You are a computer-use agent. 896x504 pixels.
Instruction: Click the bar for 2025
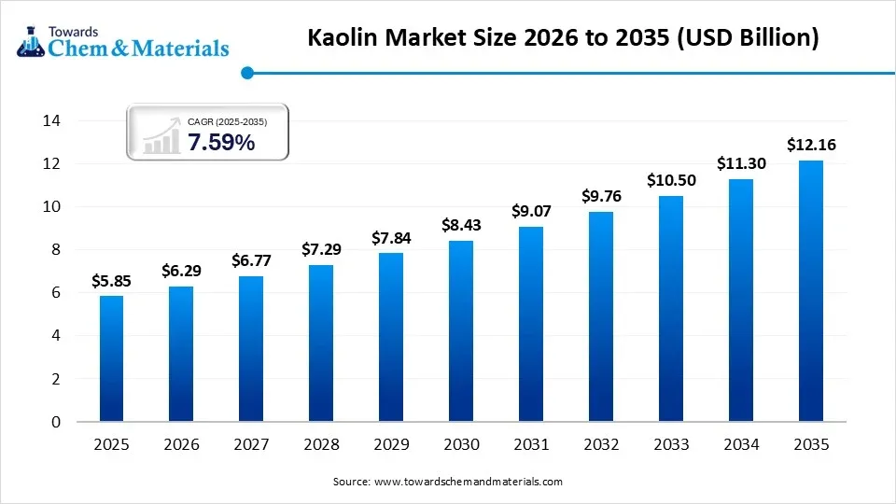[111, 358]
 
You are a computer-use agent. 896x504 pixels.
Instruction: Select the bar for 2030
[461, 331]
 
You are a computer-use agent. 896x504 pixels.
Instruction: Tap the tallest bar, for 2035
[811, 291]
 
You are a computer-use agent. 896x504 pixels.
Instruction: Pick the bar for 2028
[321, 343]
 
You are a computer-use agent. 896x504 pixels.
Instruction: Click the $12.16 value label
[811, 145]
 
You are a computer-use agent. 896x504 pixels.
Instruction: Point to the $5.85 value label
[111, 280]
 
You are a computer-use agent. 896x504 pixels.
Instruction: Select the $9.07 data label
[531, 211]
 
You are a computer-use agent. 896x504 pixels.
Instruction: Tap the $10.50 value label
[671, 180]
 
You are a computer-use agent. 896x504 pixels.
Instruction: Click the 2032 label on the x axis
[601, 444]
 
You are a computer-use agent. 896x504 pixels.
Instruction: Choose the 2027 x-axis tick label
[251, 444]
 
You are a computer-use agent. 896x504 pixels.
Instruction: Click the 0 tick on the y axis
[55, 422]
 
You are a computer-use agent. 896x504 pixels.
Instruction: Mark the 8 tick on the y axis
[55, 250]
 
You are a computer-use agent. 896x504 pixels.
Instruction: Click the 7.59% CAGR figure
[220, 143]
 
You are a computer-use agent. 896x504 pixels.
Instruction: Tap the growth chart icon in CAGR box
[161, 136]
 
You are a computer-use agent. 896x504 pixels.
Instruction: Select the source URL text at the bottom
[447, 482]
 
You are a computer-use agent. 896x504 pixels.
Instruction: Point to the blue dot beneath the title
[246, 72]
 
